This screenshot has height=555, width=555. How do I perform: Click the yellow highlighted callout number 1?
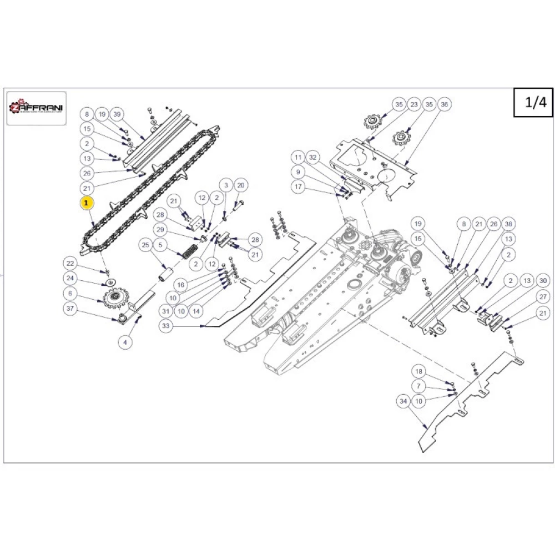click(x=87, y=203)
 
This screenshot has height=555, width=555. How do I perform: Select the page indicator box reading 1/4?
click(x=532, y=103)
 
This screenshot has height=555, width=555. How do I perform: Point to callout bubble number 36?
click(x=444, y=104)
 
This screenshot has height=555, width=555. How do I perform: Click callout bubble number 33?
click(x=165, y=327)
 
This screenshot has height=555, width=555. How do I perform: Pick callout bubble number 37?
click(x=70, y=309)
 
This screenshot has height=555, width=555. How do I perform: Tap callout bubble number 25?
click(x=146, y=245)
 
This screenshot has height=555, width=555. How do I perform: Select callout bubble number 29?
click(x=160, y=230)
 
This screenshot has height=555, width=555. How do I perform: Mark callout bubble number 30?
click(x=543, y=282)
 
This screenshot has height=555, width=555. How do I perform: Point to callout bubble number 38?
click(x=508, y=224)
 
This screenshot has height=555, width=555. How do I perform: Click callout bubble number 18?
click(x=419, y=372)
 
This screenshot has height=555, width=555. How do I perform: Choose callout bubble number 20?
click(x=240, y=185)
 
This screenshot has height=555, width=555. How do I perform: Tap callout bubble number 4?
click(x=125, y=342)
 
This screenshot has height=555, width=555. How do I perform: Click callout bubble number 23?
click(x=413, y=104)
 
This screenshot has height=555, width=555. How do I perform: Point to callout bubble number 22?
click(x=70, y=263)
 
